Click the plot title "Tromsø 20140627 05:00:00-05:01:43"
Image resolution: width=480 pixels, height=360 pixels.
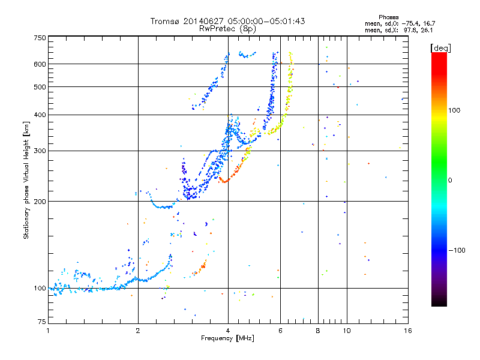click(x=227, y=21)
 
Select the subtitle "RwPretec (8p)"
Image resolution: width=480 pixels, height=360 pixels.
click(x=227, y=28)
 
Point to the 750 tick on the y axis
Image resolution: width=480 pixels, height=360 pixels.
click(x=40, y=37)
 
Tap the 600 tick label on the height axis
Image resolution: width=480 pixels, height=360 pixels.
click(x=40, y=64)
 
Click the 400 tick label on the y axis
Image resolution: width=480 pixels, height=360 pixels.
click(x=40, y=115)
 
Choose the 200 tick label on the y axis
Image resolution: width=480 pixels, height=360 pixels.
click(x=40, y=201)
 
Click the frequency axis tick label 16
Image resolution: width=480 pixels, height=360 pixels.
click(x=407, y=331)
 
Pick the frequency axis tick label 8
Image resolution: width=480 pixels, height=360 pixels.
click(x=318, y=331)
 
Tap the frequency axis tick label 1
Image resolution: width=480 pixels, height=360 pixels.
click(x=48, y=331)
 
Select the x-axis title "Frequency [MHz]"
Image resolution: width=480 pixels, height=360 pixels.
click(x=227, y=339)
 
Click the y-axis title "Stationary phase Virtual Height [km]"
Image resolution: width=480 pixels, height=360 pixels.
click(x=26, y=181)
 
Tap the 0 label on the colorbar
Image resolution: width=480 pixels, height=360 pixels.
click(x=451, y=180)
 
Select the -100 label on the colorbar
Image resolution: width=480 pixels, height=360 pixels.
click(x=457, y=250)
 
